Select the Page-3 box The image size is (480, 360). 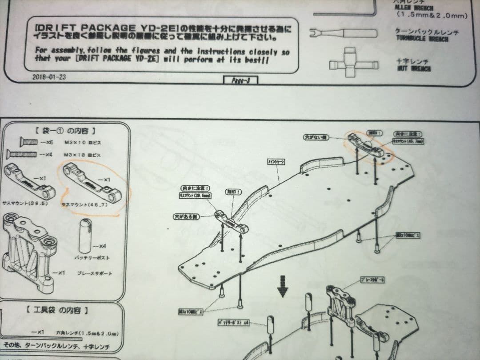click(240, 80)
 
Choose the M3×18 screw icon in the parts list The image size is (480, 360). click(25, 154)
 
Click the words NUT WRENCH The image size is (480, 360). click(414, 69)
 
